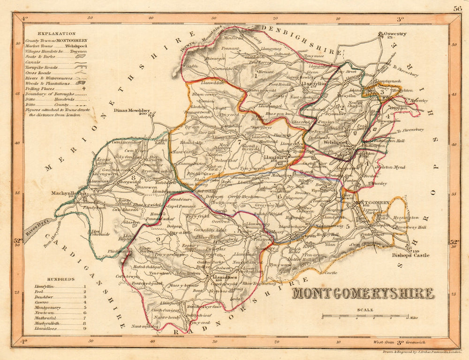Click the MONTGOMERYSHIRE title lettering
tap(363, 294)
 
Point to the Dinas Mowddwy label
tap(132, 111)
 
